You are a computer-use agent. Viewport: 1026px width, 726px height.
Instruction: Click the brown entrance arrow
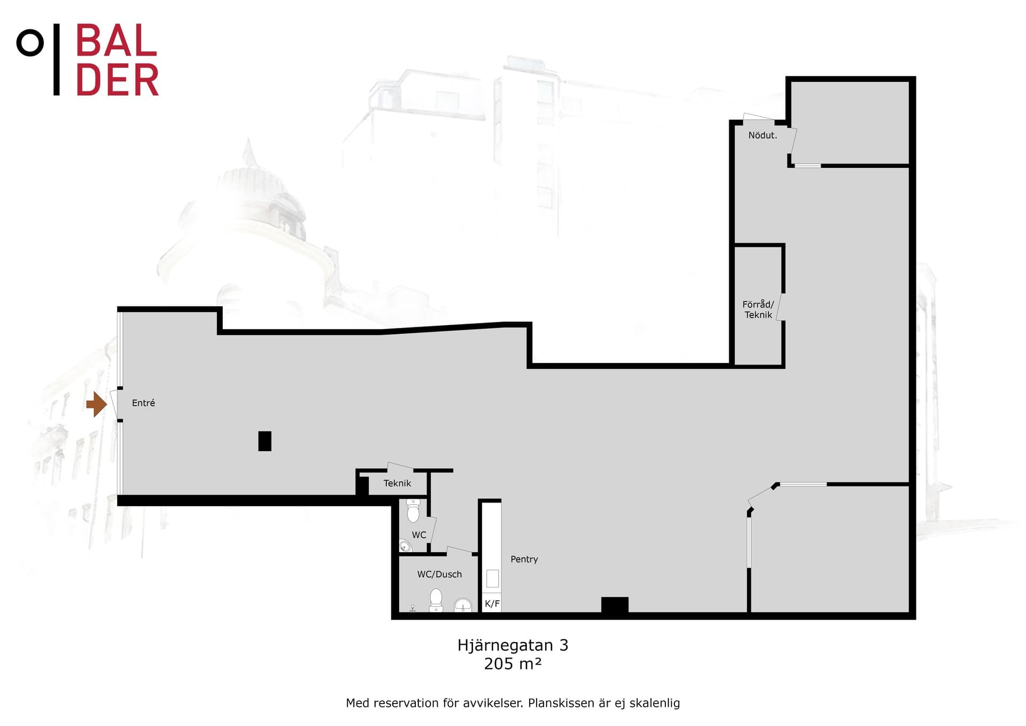(x=97, y=404)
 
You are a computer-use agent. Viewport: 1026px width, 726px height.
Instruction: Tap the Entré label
(x=143, y=403)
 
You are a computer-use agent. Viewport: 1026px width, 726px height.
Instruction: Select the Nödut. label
(x=763, y=135)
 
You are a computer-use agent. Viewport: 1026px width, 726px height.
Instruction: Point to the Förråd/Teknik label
(x=758, y=310)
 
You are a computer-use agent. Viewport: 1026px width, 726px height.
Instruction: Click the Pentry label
(x=524, y=559)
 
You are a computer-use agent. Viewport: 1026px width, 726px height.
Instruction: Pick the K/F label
(x=492, y=604)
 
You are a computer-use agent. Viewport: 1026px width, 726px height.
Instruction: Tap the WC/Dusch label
(x=439, y=574)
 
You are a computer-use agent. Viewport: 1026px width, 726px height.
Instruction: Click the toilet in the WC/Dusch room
(x=436, y=600)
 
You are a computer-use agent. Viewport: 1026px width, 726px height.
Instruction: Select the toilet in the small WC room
(x=413, y=511)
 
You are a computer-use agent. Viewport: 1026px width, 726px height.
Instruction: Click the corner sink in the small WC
(x=405, y=546)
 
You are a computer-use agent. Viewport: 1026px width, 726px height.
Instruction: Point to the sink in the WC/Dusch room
(x=463, y=605)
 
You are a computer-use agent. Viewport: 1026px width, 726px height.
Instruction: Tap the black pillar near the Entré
(x=265, y=441)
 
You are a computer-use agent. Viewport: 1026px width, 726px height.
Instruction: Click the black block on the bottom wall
(x=615, y=605)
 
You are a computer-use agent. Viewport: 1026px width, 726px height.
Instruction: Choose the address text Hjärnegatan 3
(x=513, y=645)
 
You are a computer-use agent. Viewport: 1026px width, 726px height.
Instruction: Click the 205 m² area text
(x=513, y=663)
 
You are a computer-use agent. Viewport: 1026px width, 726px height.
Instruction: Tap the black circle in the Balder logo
(x=30, y=43)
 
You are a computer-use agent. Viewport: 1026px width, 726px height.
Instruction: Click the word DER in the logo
(x=118, y=80)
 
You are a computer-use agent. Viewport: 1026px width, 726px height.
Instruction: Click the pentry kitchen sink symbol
(x=492, y=578)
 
